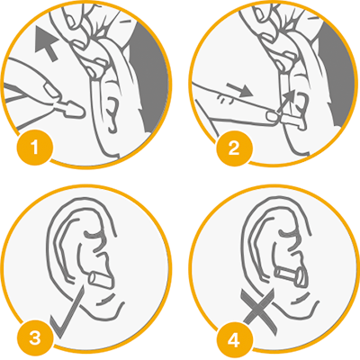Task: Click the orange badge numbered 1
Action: pyautogui.click(x=35, y=148)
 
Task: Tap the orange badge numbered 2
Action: pyautogui.click(x=234, y=148)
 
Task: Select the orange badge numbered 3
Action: pyautogui.click(x=35, y=338)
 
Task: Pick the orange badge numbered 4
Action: pyautogui.click(x=234, y=341)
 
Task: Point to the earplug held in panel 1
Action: pyautogui.click(x=70, y=110)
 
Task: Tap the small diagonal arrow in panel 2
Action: pyautogui.click(x=286, y=101)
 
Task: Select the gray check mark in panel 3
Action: pyautogui.click(x=67, y=312)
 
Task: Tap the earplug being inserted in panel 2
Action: pyautogui.click(x=293, y=121)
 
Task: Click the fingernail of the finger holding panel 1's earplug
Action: pyautogui.click(x=51, y=91)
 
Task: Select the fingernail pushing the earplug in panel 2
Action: pyautogui.click(x=273, y=116)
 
